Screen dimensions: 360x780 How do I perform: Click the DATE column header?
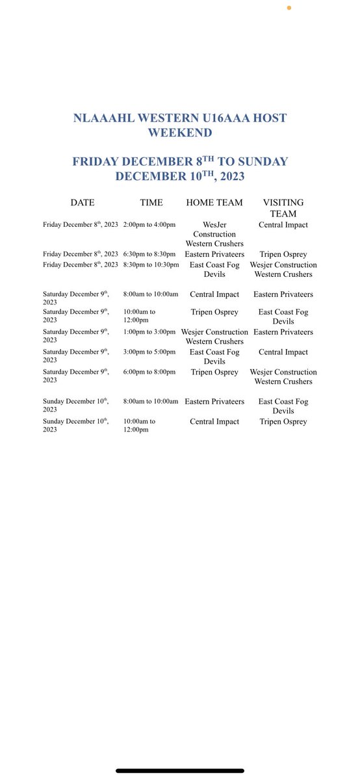click(82, 203)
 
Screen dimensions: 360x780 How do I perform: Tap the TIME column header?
click(151, 203)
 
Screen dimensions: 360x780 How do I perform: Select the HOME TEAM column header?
click(214, 203)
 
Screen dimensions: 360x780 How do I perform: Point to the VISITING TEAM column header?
click(283, 208)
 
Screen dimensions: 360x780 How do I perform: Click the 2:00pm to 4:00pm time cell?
click(149, 224)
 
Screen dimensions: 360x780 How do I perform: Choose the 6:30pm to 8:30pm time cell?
click(149, 254)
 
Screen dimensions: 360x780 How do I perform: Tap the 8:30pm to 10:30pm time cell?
click(151, 265)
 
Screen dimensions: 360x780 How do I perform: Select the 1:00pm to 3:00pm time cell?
click(149, 331)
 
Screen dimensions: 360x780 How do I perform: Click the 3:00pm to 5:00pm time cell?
click(149, 352)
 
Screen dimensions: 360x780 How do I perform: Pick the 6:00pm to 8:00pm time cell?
click(149, 372)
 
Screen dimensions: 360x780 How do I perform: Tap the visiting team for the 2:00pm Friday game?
click(283, 224)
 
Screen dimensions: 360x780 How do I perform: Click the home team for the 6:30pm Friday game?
click(214, 254)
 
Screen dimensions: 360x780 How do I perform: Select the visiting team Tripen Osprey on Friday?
click(283, 254)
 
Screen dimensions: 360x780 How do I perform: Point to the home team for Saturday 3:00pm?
click(214, 356)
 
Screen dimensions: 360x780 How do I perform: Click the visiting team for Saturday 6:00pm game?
click(283, 376)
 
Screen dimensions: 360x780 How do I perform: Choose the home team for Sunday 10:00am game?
click(214, 421)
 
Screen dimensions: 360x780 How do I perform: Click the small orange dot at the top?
click(289, 8)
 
